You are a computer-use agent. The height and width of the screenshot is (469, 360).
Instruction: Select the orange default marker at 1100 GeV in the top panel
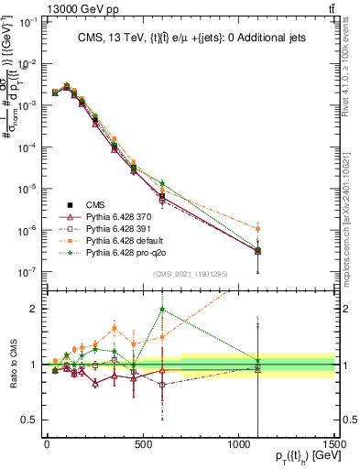click(258, 228)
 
